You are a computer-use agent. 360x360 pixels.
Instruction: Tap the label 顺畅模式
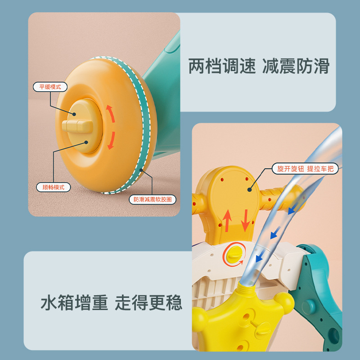53,187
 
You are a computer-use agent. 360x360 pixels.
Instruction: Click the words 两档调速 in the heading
218,67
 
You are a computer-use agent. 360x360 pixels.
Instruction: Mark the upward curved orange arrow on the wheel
109,112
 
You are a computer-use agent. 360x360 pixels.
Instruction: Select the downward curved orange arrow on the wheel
111,139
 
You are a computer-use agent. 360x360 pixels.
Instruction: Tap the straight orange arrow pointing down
245,221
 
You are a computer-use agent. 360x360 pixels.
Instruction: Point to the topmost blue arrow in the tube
293,207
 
